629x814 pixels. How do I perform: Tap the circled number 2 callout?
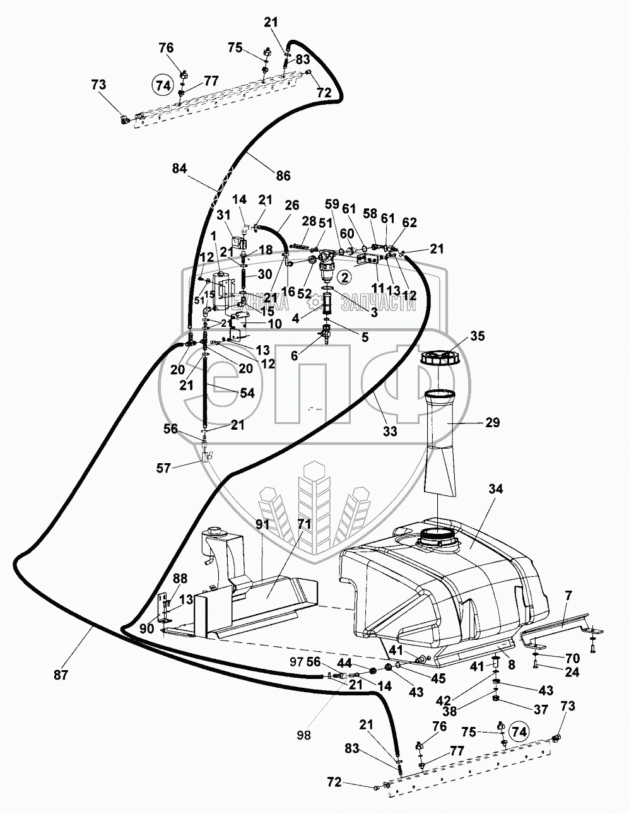click(x=344, y=276)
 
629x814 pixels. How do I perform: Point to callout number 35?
click(x=478, y=336)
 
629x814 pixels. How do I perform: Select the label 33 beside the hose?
click(x=390, y=432)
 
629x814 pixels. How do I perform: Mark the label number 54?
click(x=247, y=393)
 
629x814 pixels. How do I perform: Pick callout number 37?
click(x=541, y=709)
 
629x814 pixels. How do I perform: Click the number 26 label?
click(x=291, y=205)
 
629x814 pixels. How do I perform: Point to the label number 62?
click(x=409, y=222)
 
